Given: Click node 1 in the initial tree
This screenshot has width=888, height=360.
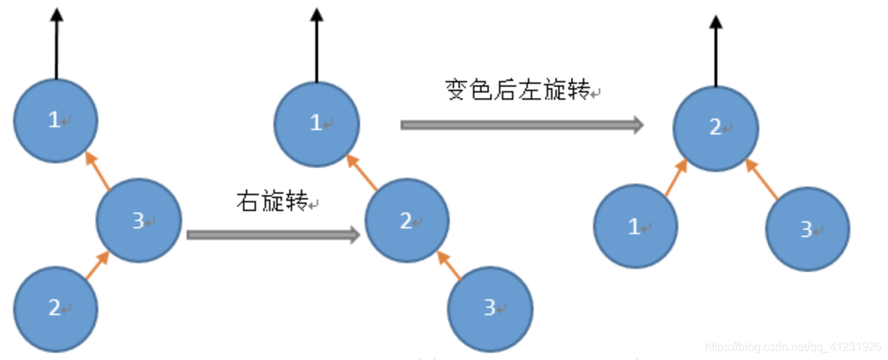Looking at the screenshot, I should point(55,121).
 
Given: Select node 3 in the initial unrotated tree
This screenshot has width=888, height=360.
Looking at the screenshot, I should point(139,220).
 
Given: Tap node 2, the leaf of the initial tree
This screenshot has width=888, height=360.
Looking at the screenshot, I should point(55,308).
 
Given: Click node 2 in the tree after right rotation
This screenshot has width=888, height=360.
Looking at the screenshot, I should point(406,220).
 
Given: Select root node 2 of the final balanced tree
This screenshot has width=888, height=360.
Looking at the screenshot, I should point(715,128).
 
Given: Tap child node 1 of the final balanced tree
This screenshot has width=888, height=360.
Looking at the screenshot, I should point(635,227).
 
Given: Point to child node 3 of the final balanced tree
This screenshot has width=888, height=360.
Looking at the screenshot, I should point(808,229).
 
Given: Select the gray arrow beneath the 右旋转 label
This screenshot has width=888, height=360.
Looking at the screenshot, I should point(273,234).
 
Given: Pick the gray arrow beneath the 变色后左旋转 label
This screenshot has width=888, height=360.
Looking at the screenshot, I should point(521,124).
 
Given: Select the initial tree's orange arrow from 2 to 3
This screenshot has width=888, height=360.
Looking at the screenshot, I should point(97,265).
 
